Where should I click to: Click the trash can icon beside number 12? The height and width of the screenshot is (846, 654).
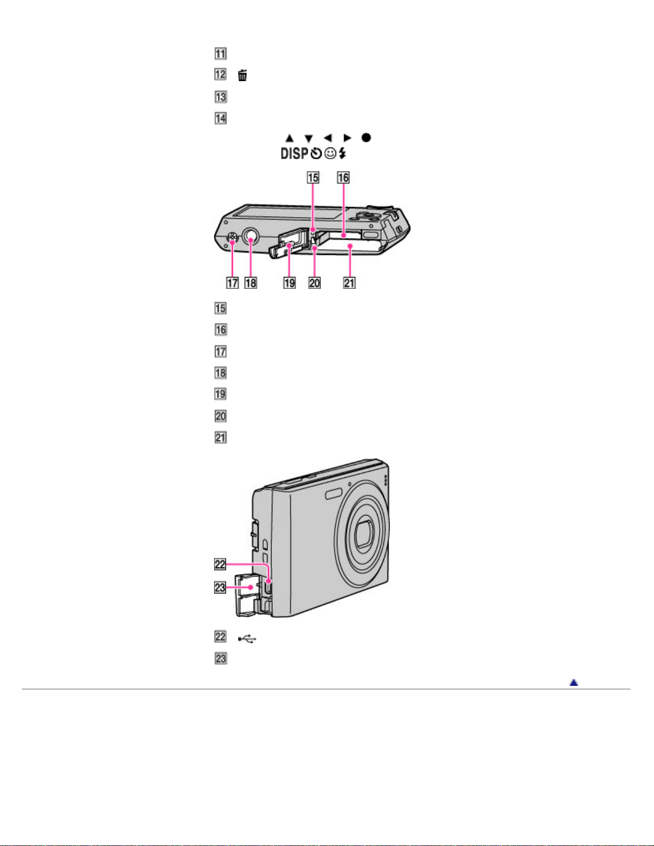coord(242,75)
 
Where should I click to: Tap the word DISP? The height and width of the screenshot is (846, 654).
coord(295,154)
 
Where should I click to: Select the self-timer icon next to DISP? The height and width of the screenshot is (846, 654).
coord(316,154)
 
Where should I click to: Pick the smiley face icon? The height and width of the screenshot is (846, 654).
coord(330,154)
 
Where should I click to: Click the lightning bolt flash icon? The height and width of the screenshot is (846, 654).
coord(342,153)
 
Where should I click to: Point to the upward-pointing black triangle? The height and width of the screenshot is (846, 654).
coord(289,138)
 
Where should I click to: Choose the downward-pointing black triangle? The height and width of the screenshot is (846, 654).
coord(309,139)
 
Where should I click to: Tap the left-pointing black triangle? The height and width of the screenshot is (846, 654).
coord(328,138)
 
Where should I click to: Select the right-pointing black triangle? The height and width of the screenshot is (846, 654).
coord(347,138)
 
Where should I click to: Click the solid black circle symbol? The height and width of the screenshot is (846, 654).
coord(366,137)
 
